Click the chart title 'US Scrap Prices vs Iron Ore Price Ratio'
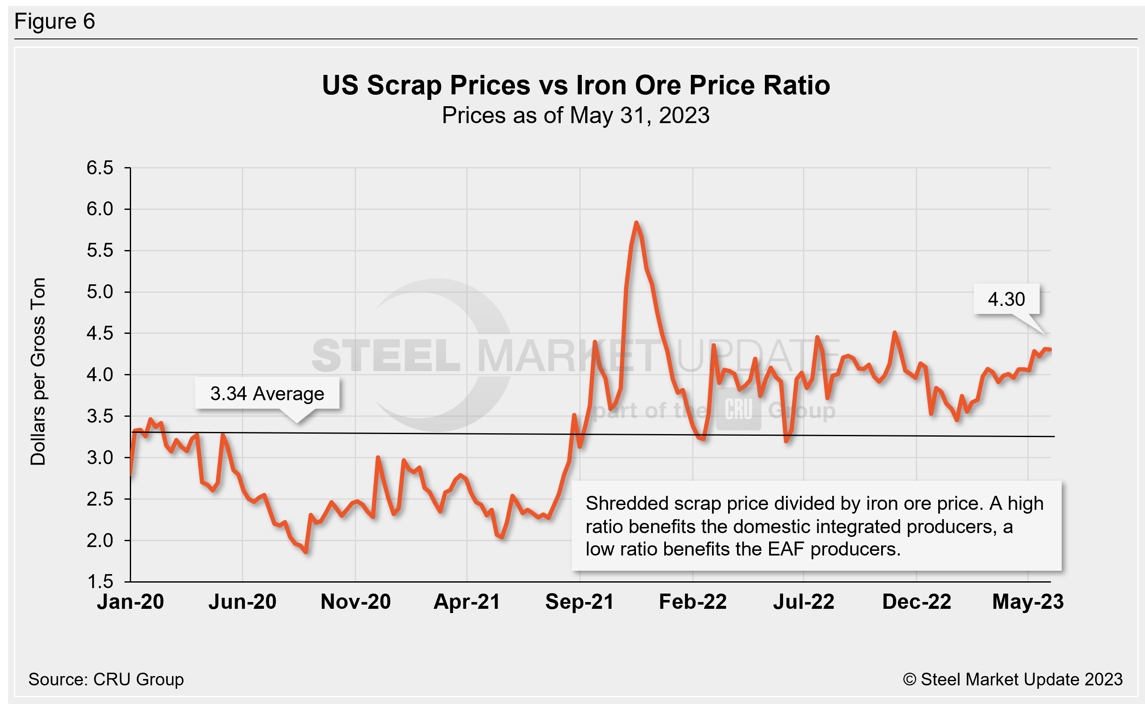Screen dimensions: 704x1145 click(x=575, y=85)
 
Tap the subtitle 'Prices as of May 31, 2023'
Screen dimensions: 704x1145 click(x=575, y=115)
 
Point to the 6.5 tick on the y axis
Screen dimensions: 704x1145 click(x=99, y=168)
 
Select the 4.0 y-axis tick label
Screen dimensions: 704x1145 click(x=99, y=375)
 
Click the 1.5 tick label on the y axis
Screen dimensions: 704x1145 click(x=99, y=582)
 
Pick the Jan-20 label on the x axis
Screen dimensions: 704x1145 click(x=130, y=602)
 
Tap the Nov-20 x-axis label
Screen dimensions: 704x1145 click(x=356, y=602)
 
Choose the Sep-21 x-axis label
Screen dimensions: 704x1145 click(x=579, y=602)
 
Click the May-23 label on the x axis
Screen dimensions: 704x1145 click(x=1028, y=602)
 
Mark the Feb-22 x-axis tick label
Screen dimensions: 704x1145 click(x=693, y=602)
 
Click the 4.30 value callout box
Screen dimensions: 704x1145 click(x=1006, y=300)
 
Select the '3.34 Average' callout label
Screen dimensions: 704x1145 click(x=267, y=394)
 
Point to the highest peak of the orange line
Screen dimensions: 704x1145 click(x=636, y=223)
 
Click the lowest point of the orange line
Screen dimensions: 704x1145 click(x=306, y=552)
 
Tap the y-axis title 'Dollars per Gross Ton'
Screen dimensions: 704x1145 click(x=38, y=371)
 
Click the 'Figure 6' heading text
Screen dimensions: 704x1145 click(x=55, y=22)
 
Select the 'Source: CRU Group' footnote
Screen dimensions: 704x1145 click(x=106, y=679)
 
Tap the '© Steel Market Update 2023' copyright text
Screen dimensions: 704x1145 click(x=1012, y=679)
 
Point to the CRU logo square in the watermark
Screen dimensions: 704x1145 click(x=738, y=409)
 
